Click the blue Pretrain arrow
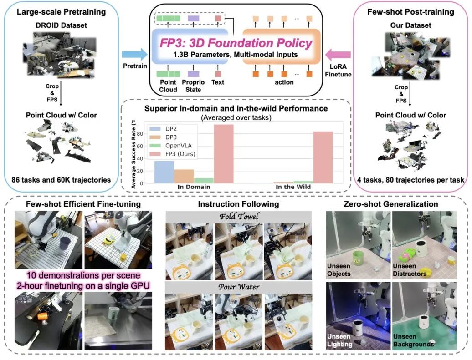pos(134,55)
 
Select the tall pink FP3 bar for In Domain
pos(224,154)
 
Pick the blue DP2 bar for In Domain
pos(164,172)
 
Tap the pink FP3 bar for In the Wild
pos(323,157)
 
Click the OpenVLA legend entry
pos(173,146)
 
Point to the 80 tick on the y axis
pos(140,134)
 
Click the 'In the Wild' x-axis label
pos(293,187)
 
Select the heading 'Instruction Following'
pos(238,204)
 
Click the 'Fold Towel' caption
pos(239,216)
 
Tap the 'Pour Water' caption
pos(239,287)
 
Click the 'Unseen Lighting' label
pos(339,340)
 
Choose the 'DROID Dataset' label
pos(61,25)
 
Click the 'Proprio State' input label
pos(193,86)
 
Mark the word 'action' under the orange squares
pos(284,82)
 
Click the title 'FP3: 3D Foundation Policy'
pos(236,43)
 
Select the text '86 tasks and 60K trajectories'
pos(61,180)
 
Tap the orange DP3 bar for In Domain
pos(184,176)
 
